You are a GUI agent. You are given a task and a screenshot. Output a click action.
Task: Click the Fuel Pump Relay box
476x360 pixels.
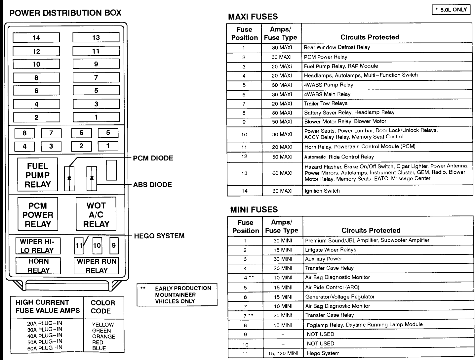(37, 175)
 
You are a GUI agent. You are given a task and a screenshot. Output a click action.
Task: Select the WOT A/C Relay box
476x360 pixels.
(96, 214)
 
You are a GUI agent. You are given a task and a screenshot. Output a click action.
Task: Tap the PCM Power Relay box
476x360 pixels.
(38, 214)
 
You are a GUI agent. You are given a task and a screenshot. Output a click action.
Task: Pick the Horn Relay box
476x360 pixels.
(38, 265)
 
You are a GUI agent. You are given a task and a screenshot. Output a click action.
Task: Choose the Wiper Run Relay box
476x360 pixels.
(96, 265)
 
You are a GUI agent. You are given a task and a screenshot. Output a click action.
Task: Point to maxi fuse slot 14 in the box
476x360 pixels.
(36, 38)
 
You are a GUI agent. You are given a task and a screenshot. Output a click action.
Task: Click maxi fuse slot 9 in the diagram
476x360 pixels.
(96, 64)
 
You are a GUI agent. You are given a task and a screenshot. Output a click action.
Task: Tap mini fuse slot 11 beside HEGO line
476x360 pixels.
(79, 246)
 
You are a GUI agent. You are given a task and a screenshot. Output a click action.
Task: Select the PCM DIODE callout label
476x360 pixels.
(153, 158)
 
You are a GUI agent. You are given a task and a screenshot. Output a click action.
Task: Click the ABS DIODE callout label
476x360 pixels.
(152, 185)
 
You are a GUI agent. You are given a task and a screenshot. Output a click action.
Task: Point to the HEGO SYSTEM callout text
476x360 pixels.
(159, 236)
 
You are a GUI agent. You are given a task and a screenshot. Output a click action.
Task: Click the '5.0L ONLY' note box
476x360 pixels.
(451, 10)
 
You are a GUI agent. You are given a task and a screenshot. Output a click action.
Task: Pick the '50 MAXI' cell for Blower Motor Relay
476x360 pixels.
(282, 122)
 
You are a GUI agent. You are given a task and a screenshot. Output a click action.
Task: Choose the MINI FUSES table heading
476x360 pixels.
(254, 209)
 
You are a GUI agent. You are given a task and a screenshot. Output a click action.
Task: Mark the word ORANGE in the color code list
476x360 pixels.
(103, 337)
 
